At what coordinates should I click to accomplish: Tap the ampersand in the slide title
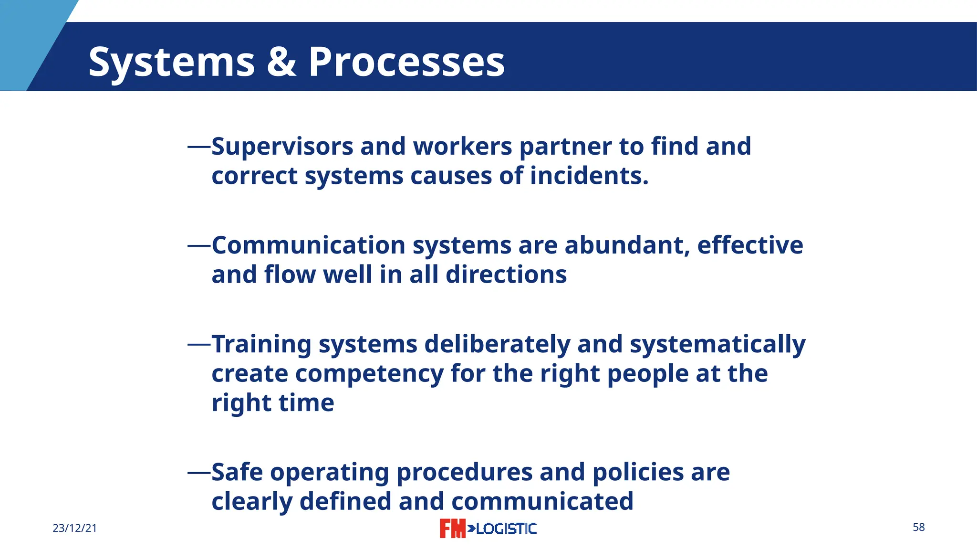[281, 62]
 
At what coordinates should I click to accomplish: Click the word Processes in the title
[406, 62]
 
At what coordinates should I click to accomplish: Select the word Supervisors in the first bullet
[282, 147]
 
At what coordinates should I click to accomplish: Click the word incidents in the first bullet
[589, 176]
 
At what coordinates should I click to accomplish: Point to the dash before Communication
[199, 245]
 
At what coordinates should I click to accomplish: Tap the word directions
[506, 275]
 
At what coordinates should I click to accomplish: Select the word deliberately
[497, 344]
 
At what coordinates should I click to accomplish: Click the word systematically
[717, 344]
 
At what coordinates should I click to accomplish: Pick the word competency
[369, 374]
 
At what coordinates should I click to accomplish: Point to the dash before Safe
[199, 472]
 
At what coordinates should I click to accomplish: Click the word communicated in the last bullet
[542, 502]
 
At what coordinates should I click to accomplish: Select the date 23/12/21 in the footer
[74, 528]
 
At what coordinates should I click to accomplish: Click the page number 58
[918, 527]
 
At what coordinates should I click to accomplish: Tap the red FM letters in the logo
[452, 529]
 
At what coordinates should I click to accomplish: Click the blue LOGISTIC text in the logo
[506, 529]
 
